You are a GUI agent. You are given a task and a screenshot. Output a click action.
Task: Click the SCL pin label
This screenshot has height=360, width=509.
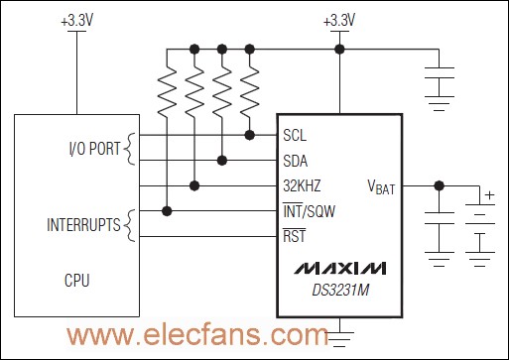click(x=295, y=135)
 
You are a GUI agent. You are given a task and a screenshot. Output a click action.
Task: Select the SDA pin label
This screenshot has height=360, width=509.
click(x=295, y=160)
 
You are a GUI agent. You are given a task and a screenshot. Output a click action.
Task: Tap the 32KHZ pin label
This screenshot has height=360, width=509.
click(x=302, y=184)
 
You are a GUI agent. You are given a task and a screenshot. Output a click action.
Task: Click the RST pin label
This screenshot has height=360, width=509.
click(x=294, y=236)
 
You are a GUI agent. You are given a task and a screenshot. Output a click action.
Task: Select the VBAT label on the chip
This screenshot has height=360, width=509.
click(x=381, y=185)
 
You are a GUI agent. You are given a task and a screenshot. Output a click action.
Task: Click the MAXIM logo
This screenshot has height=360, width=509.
click(x=337, y=269)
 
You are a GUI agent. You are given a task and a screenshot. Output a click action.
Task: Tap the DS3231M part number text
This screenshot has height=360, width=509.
click(x=337, y=289)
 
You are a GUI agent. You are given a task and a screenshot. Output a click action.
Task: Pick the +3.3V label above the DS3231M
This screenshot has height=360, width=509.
click(x=339, y=20)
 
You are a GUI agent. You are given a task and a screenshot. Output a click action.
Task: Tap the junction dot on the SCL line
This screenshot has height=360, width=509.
click(x=248, y=134)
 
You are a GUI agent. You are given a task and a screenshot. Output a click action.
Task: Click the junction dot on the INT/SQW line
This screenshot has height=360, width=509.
click(x=168, y=209)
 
